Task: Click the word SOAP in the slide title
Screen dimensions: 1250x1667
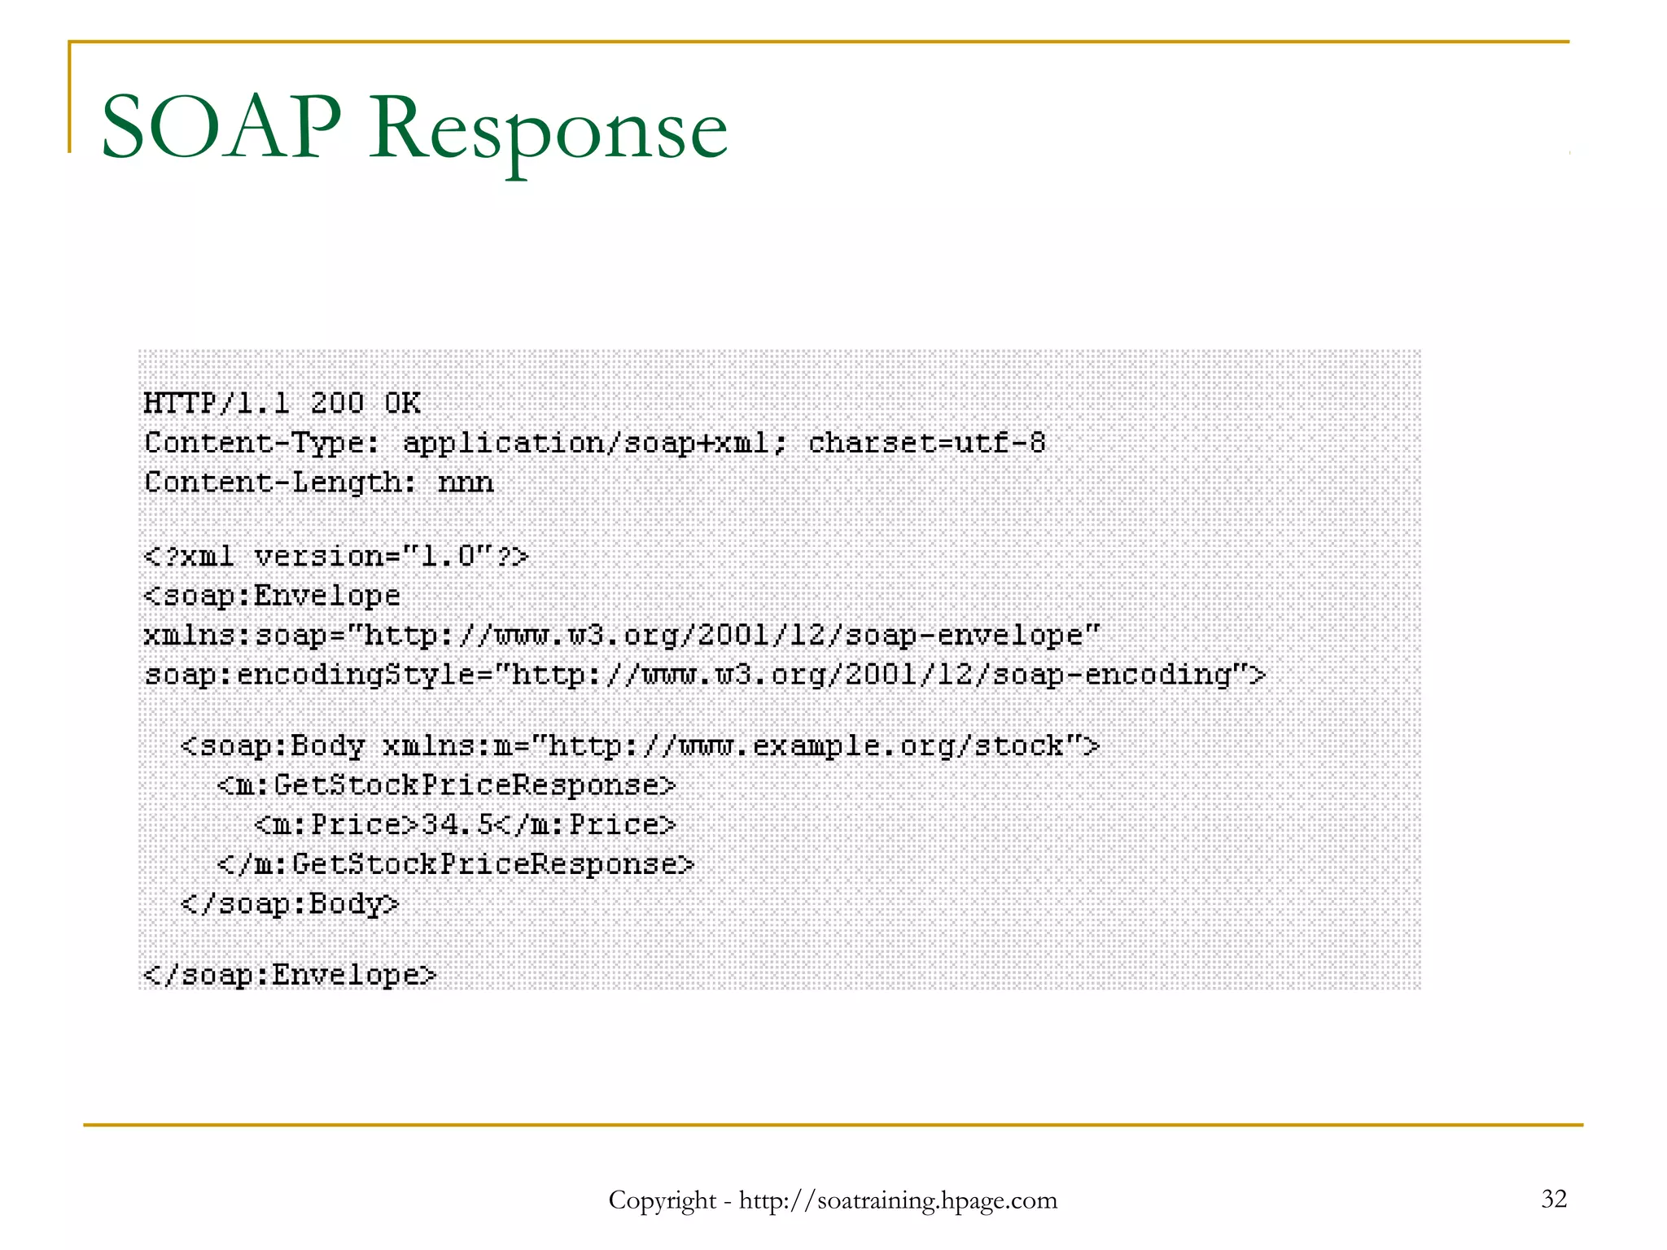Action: [x=221, y=128]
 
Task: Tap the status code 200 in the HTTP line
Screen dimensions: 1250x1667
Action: [x=337, y=403]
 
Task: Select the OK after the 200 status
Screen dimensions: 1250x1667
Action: [x=402, y=403]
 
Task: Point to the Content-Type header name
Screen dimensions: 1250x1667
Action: [x=260, y=443]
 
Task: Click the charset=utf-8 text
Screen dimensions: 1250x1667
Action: [x=926, y=443]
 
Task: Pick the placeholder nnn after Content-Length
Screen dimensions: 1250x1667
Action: [x=466, y=483]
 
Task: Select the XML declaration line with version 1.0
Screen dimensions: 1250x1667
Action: [x=336, y=557]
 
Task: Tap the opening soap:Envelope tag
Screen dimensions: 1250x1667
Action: [x=272, y=596]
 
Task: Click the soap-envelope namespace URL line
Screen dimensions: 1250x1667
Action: [x=622, y=635]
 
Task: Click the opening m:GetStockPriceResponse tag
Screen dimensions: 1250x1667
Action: [x=446, y=785]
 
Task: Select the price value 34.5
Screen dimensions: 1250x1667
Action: [x=457, y=825]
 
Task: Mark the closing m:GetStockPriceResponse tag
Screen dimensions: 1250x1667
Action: [x=456, y=864]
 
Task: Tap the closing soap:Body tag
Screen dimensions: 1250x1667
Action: [x=290, y=904]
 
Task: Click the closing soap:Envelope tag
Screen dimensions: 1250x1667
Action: [x=290, y=975]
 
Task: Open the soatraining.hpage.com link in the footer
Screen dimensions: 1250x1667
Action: [x=898, y=1200]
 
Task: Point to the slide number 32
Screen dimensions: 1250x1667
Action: [x=1554, y=1199]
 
